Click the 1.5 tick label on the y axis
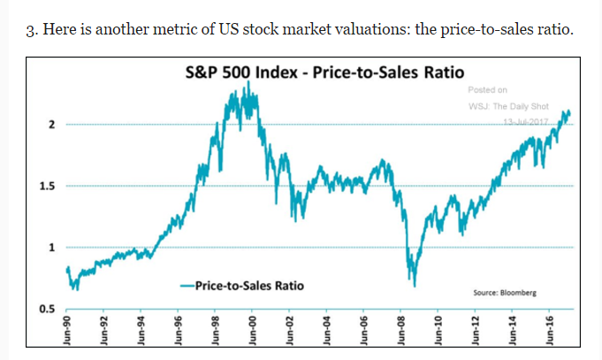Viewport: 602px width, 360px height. [x=48, y=187]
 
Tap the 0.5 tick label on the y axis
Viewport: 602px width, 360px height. [x=48, y=308]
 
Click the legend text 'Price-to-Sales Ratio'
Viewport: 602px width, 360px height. [x=248, y=286]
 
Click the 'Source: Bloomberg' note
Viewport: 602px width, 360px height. [x=505, y=292]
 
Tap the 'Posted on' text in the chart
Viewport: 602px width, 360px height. [x=488, y=89]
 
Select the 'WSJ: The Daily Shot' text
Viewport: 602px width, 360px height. [x=508, y=106]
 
